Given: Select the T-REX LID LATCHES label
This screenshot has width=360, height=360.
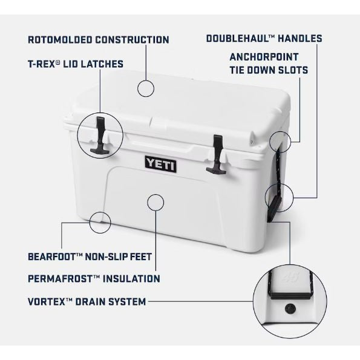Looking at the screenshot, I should click(76, 64).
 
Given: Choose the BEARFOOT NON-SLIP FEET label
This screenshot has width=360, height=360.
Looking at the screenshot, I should click(90, 256).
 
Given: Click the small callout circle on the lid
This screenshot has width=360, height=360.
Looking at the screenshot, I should click(147, 88).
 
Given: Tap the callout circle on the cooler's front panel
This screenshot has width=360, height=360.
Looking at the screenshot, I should click(155, 203).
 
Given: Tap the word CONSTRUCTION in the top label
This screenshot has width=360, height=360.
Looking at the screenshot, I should click(133, 40).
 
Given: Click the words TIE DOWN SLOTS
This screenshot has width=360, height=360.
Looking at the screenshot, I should click(269, 70).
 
